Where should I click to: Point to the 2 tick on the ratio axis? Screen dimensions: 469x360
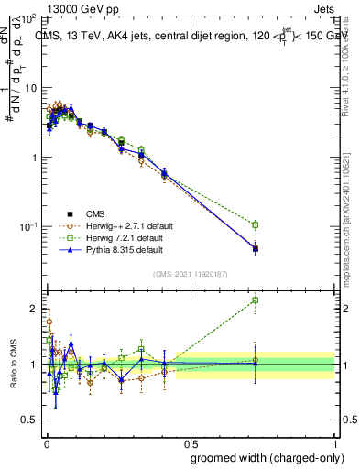click(x=34, y=309)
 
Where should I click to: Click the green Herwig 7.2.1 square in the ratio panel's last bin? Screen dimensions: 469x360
click(x=256, y=300)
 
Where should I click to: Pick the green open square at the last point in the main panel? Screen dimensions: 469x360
click(x=256, y=224)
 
